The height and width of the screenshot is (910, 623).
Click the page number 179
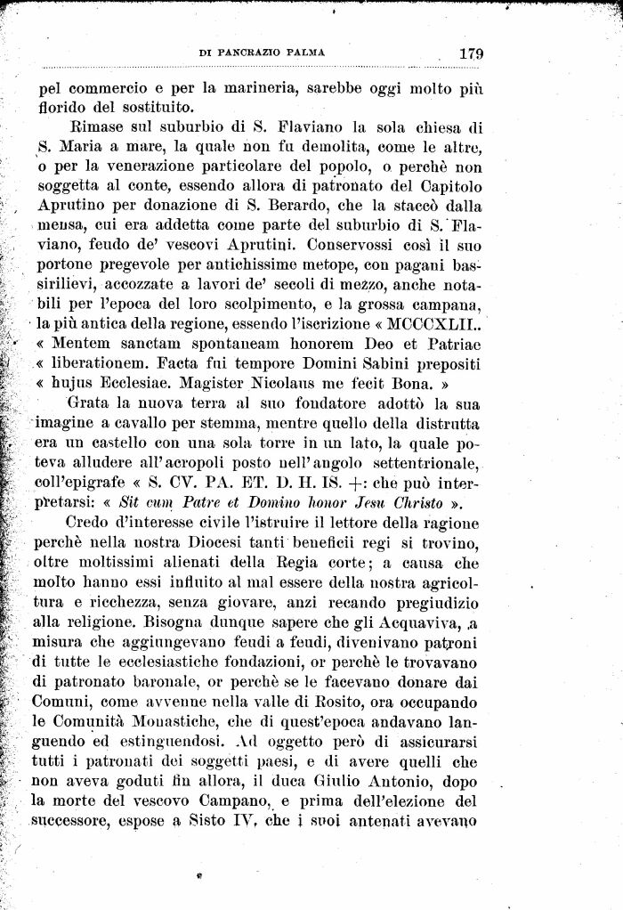471,53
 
